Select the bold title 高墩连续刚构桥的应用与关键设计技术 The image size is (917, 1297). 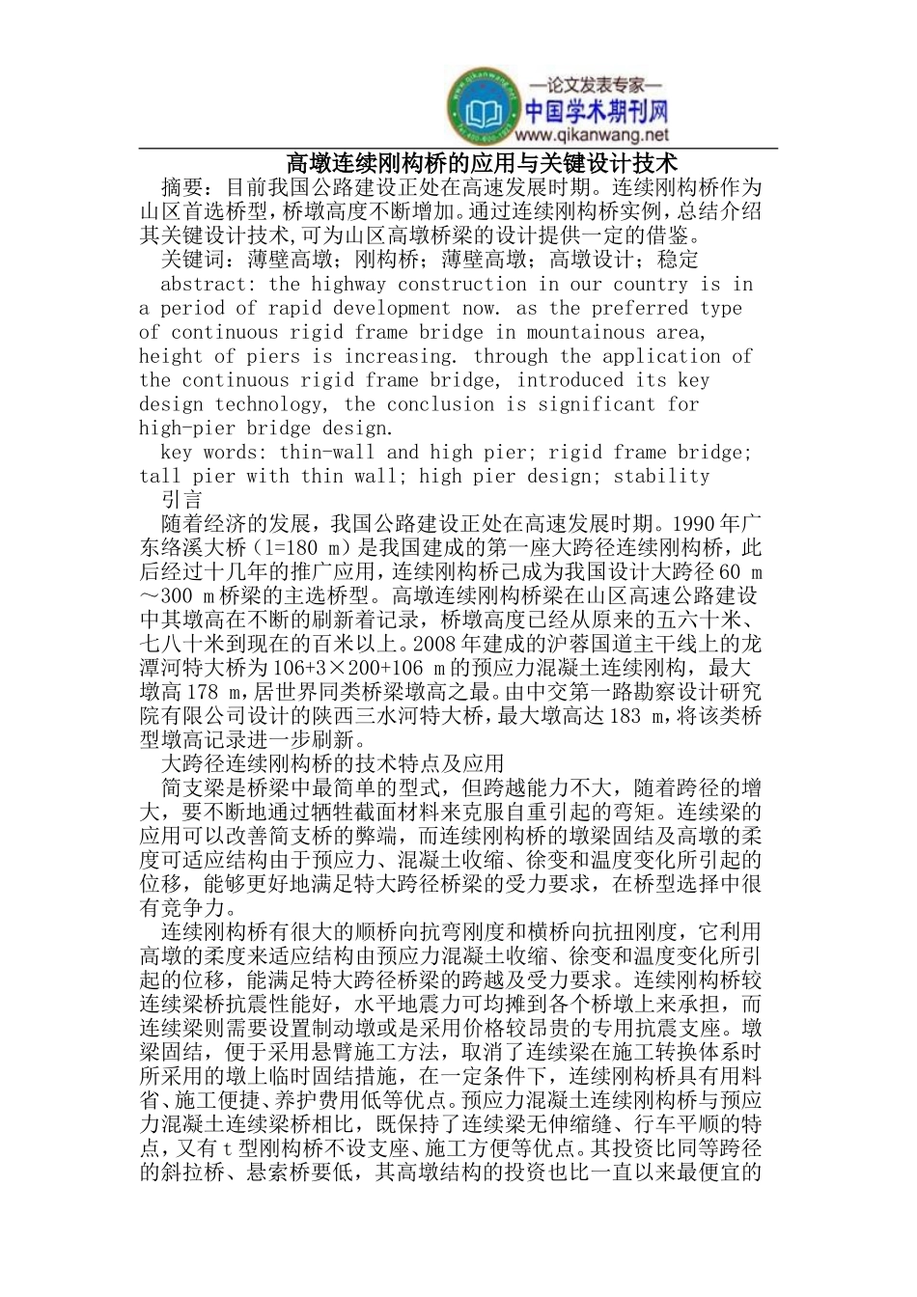click(458, 161)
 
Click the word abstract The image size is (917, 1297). click(204, 284)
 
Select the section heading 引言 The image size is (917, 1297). click(182, 500)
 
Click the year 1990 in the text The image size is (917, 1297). click(686, 524)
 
